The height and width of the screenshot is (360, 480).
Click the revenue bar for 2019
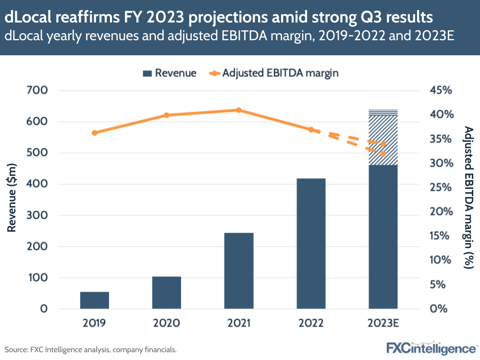(95, 300)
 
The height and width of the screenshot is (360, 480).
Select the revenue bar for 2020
(167, 292)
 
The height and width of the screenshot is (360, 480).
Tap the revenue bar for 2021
(239, 270)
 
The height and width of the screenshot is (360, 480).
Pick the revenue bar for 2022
(311, 243)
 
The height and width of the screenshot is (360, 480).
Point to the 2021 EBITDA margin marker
(239, 110)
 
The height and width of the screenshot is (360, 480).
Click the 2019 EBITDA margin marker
(95, 133)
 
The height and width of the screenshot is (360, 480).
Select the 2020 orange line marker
(167, 115)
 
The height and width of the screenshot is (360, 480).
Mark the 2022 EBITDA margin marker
(311, 130)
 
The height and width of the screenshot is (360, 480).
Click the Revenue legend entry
(170, 73)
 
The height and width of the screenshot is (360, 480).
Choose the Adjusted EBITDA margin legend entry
(274, 73)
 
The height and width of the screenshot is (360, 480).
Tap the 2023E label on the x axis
(383, 323)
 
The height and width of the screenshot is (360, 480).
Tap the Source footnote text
(91, 349)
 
